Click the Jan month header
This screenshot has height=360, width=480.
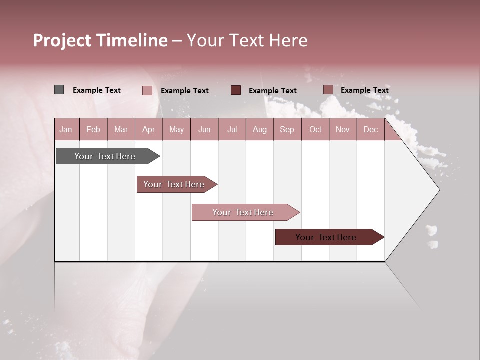66,129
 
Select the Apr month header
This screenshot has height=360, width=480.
149,129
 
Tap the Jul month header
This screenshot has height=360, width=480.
232,129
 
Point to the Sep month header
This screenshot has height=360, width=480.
287,129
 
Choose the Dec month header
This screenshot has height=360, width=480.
370,129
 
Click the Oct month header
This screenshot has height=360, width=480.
315,129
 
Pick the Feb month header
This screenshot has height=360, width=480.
93,129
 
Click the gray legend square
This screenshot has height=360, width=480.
59,90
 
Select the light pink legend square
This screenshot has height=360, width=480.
147,90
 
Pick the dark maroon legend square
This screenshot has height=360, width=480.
236,90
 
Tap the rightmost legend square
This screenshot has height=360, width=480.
328,90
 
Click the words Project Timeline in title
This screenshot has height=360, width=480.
100,40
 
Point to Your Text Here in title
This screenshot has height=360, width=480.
247,40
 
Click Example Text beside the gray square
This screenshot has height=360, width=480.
97,90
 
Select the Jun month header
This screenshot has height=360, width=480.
204,129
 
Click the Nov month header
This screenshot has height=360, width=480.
342,129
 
